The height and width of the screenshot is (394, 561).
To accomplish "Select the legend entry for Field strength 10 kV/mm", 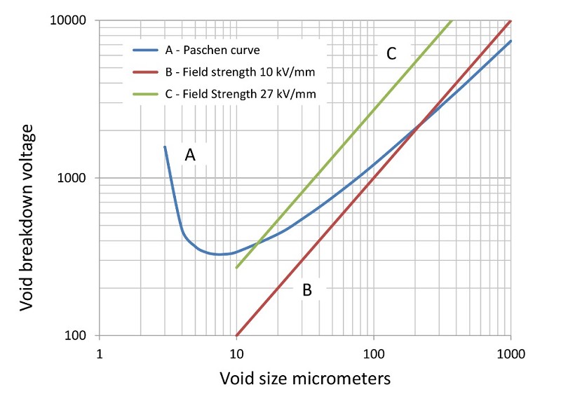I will [x=233, y=71].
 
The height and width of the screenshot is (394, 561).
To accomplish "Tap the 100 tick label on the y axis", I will [x=79, y=335].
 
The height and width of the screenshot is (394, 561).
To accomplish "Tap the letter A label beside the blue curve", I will [x=189, y=156].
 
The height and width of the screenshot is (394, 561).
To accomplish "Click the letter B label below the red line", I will [x=306, y=290].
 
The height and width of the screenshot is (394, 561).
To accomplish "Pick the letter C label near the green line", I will [x=391, y=53].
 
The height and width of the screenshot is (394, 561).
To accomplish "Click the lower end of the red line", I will [x=237, y=335].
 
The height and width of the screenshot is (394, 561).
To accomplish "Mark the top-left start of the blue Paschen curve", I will [x=165, y=147].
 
